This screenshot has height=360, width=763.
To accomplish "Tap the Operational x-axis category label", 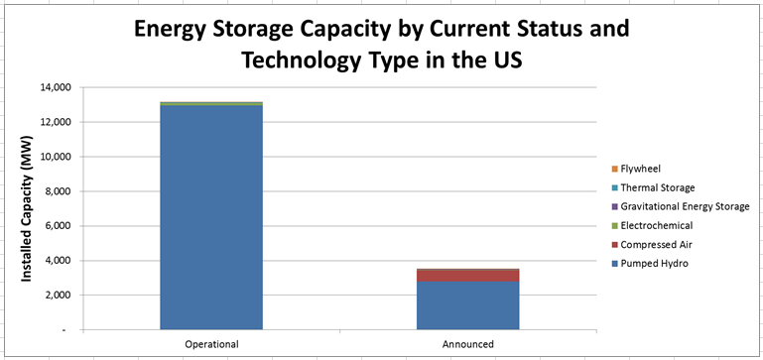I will coord(211,343).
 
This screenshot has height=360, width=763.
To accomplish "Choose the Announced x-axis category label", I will coord(467,343).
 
